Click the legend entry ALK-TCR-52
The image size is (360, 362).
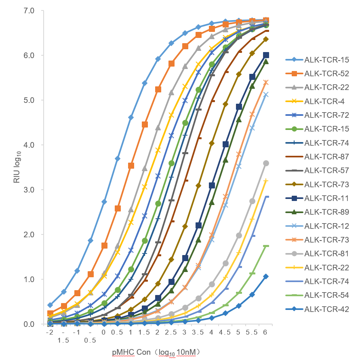326,73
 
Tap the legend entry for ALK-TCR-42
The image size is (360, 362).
326,310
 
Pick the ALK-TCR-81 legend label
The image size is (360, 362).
326,254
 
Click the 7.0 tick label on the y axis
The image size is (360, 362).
30,10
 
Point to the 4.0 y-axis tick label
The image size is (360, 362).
30,144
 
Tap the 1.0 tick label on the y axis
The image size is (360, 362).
30,279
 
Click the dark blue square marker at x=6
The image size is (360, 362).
266,55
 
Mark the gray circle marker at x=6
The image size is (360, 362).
266,163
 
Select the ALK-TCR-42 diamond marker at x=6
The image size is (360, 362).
266,276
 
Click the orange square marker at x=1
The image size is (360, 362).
131,165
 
